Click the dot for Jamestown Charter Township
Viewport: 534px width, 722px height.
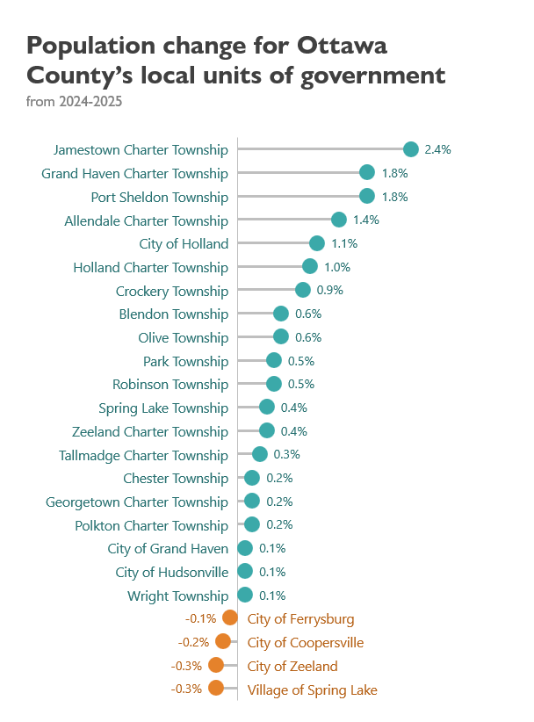pos(411,149)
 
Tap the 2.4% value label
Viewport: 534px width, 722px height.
pos(437,149)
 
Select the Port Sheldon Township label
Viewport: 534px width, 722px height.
pos(159,198)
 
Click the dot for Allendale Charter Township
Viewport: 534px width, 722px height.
pos(339,220)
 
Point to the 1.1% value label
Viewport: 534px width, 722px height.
pos(344,243)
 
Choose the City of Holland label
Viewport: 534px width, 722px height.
pos(184,244)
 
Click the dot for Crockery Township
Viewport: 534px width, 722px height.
pos(303,290)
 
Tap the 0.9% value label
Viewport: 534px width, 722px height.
pos(329,290)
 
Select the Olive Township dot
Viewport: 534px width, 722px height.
pos(281,336)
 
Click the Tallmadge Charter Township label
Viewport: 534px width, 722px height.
pos(144,455)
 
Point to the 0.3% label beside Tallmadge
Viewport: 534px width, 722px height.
pos(286,454)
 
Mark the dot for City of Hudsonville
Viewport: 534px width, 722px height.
pos(245,572)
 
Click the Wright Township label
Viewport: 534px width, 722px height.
pos(177,596)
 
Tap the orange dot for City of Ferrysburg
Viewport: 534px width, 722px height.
pos(230,618)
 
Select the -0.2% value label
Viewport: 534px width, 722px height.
pos(193,642)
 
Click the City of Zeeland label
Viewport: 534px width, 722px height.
pos(292,667)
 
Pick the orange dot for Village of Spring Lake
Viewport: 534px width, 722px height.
pos(216,688)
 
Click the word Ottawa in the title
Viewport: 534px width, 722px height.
pos(342,46)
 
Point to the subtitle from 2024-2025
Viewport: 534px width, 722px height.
pos(74,101)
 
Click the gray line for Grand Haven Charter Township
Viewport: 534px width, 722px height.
pos(299,173)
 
